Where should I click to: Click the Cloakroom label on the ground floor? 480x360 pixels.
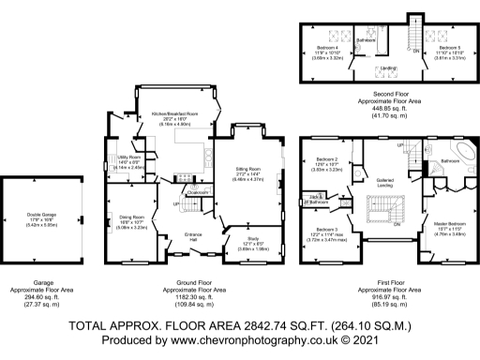click(198, 193)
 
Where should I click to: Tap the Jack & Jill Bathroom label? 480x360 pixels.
click(319, 200)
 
